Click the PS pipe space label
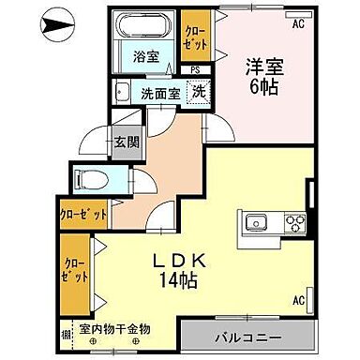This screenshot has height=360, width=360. [195, 69]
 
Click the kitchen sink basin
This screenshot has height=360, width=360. [255, 223]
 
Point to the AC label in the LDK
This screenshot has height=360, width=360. [299, 302]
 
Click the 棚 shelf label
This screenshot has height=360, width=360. [66, 333]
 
